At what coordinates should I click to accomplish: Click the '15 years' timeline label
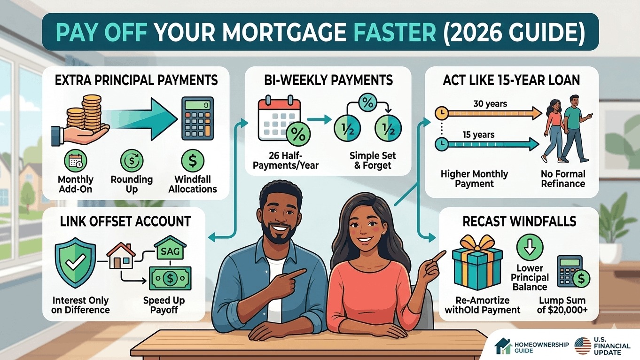[478, 135]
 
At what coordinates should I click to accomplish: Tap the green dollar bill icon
[170, 278]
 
